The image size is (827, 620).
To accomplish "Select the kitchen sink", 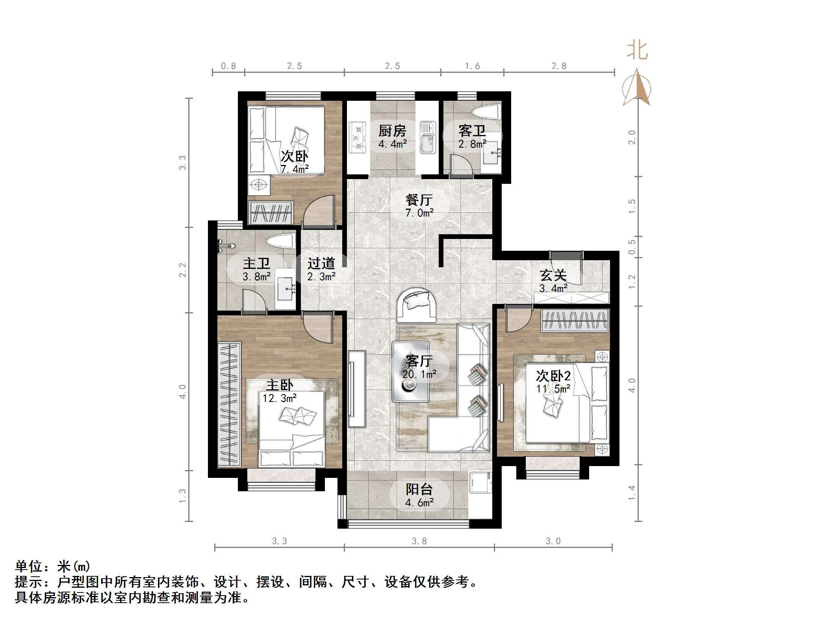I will [x=427, y=137].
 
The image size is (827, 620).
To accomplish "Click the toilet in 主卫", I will [x=280, y=241].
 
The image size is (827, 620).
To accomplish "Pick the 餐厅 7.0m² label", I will [x=419, y=206].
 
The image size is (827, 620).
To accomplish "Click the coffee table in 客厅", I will [x=410, y=371].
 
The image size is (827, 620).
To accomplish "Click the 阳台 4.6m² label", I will [x=419, y=495].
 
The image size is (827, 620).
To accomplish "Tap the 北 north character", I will [x=637, y=51].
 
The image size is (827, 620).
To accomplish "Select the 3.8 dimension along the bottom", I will [x=419, y=541].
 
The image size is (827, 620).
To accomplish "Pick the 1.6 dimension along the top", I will [x=472, y=66].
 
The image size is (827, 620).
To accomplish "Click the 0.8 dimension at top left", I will [x=228, y=66].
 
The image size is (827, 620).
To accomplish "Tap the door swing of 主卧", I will [x=318, y=327].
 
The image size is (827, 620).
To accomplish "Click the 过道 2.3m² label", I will [x=321, y=269].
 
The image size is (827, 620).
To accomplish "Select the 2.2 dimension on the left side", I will [x=182, y=270].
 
